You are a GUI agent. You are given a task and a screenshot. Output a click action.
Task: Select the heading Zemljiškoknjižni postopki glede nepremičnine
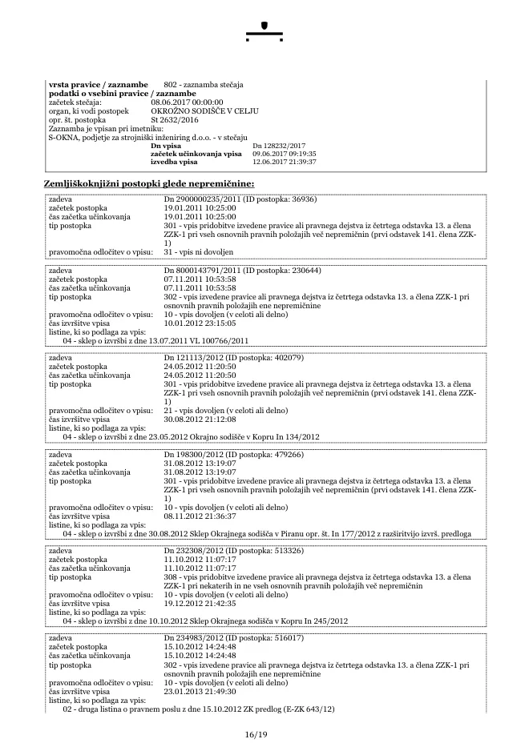click(148, 184)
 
